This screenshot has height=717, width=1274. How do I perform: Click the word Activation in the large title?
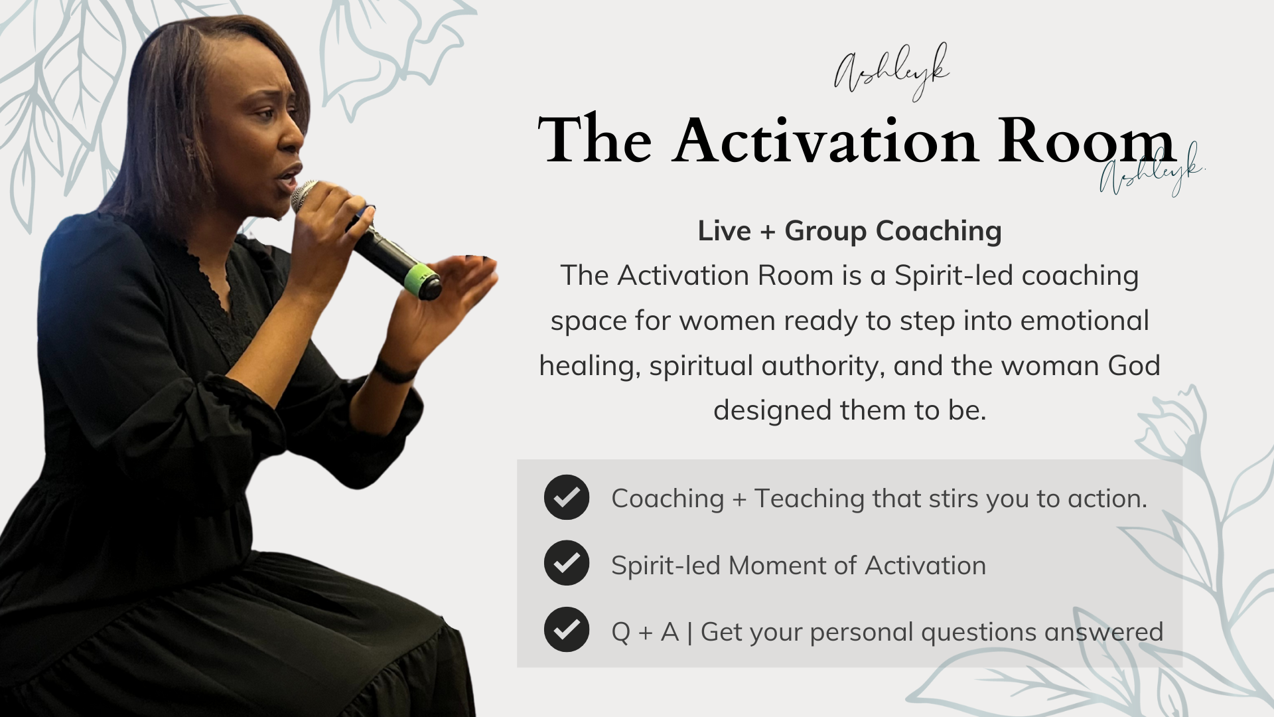pyautogui.click(x=825, y=141)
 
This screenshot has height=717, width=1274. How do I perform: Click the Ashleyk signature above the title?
pyautogui.click(x=891, y=72)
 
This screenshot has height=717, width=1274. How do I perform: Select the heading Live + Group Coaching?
pyautogui.click(x=849, y=231)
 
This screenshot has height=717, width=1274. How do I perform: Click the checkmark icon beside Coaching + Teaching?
pyautogui.click(x=567, y=497)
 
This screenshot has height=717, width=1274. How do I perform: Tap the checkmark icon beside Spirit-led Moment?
pyautogui.click(x=567, y=563)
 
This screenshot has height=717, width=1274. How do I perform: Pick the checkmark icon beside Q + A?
pyautogui.click(x=567, y=629)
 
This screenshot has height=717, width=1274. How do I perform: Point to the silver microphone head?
pyautogui.click(x=305, y=195)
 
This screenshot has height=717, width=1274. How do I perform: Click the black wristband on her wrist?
pyautogui.click(x=394, y=370)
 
